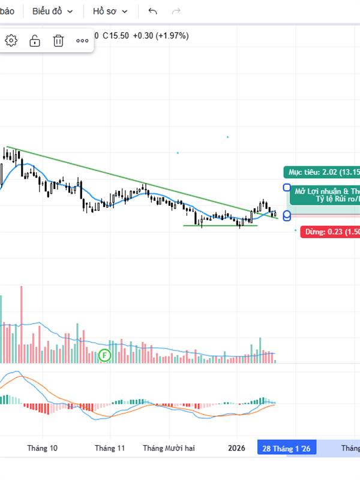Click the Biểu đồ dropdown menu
[x=53, y=11]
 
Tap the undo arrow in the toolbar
[x=152, y=11]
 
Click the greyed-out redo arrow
[x=176, y=11]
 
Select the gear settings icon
[x=11, y=41]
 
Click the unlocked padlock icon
[x=35, y=41]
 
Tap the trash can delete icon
[x=58, y=41]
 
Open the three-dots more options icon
[x=82, y=41]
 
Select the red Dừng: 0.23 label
[x=330, y=232]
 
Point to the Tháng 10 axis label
[x=43, y=448]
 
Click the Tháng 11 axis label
[x=110, y=448]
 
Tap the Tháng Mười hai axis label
[x=169, y=448]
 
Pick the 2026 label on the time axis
[x=237, y=448]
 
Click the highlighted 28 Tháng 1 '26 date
[x=286, y=448]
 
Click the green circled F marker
[x=105, y=355]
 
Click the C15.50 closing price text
[x=116, y=35]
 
